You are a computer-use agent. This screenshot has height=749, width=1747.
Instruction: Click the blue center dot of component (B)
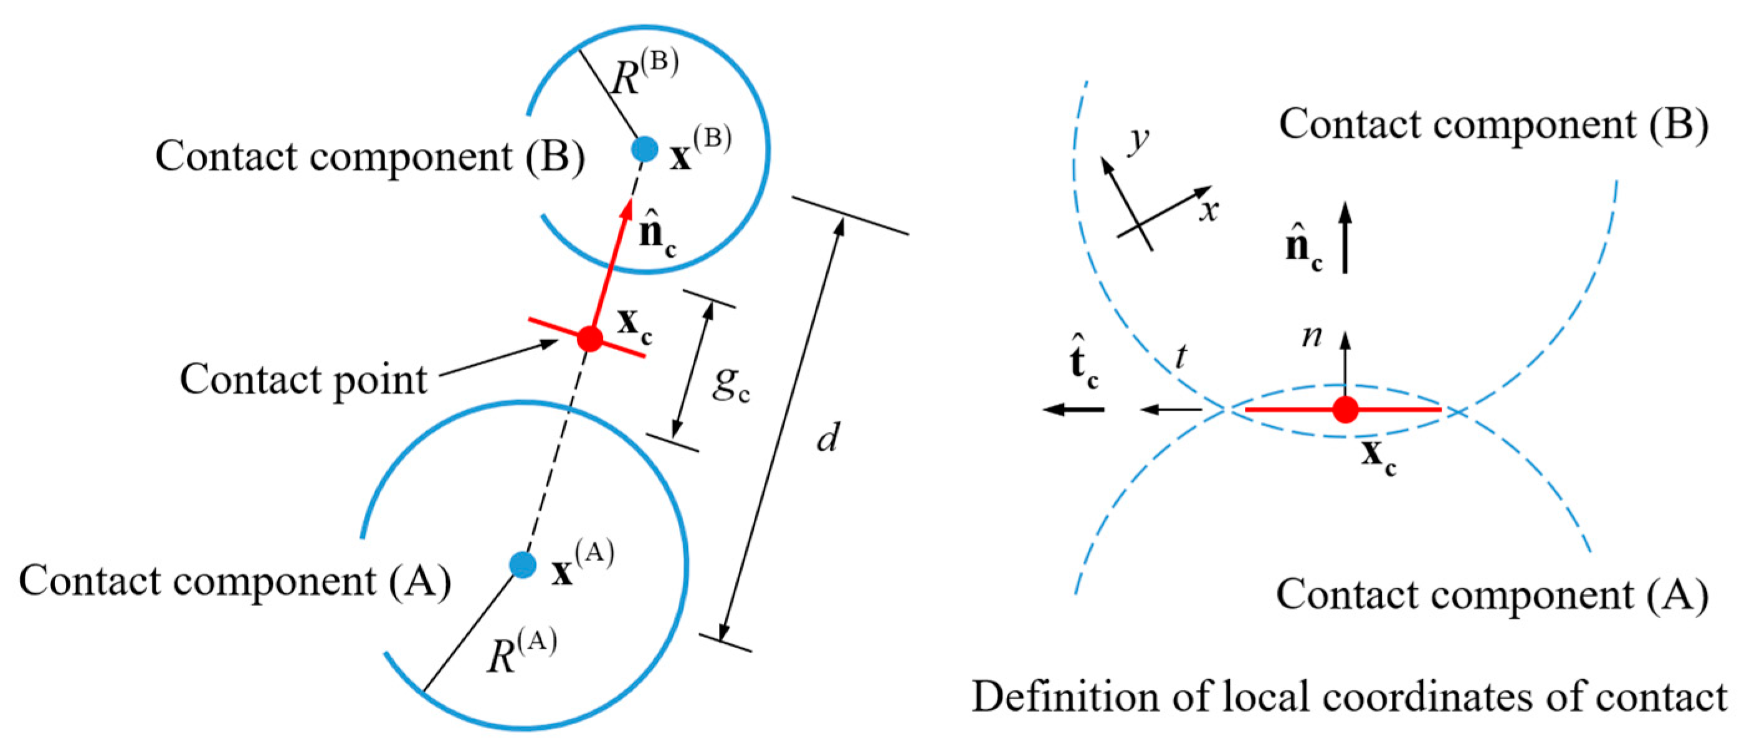click(x=644, y=148)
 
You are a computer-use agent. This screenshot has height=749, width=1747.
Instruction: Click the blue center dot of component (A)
click(x=522, y=565)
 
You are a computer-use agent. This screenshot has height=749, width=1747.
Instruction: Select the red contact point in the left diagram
click(x=589, y=338)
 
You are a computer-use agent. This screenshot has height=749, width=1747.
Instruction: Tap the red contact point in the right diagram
click(x=1346, y=410)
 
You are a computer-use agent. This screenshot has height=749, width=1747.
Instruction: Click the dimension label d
click(x=828, y=437)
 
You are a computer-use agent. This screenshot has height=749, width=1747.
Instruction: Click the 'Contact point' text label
click(x=303, y=379)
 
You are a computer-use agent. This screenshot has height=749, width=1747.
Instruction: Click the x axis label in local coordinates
click(x=1208, y=211)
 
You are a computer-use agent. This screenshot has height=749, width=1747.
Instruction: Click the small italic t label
click(x=1181, y=356)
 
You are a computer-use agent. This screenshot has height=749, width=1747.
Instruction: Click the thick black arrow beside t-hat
click(x=1074, y=409)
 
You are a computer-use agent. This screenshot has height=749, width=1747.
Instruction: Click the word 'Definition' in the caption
click(x=1065, y=697)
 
